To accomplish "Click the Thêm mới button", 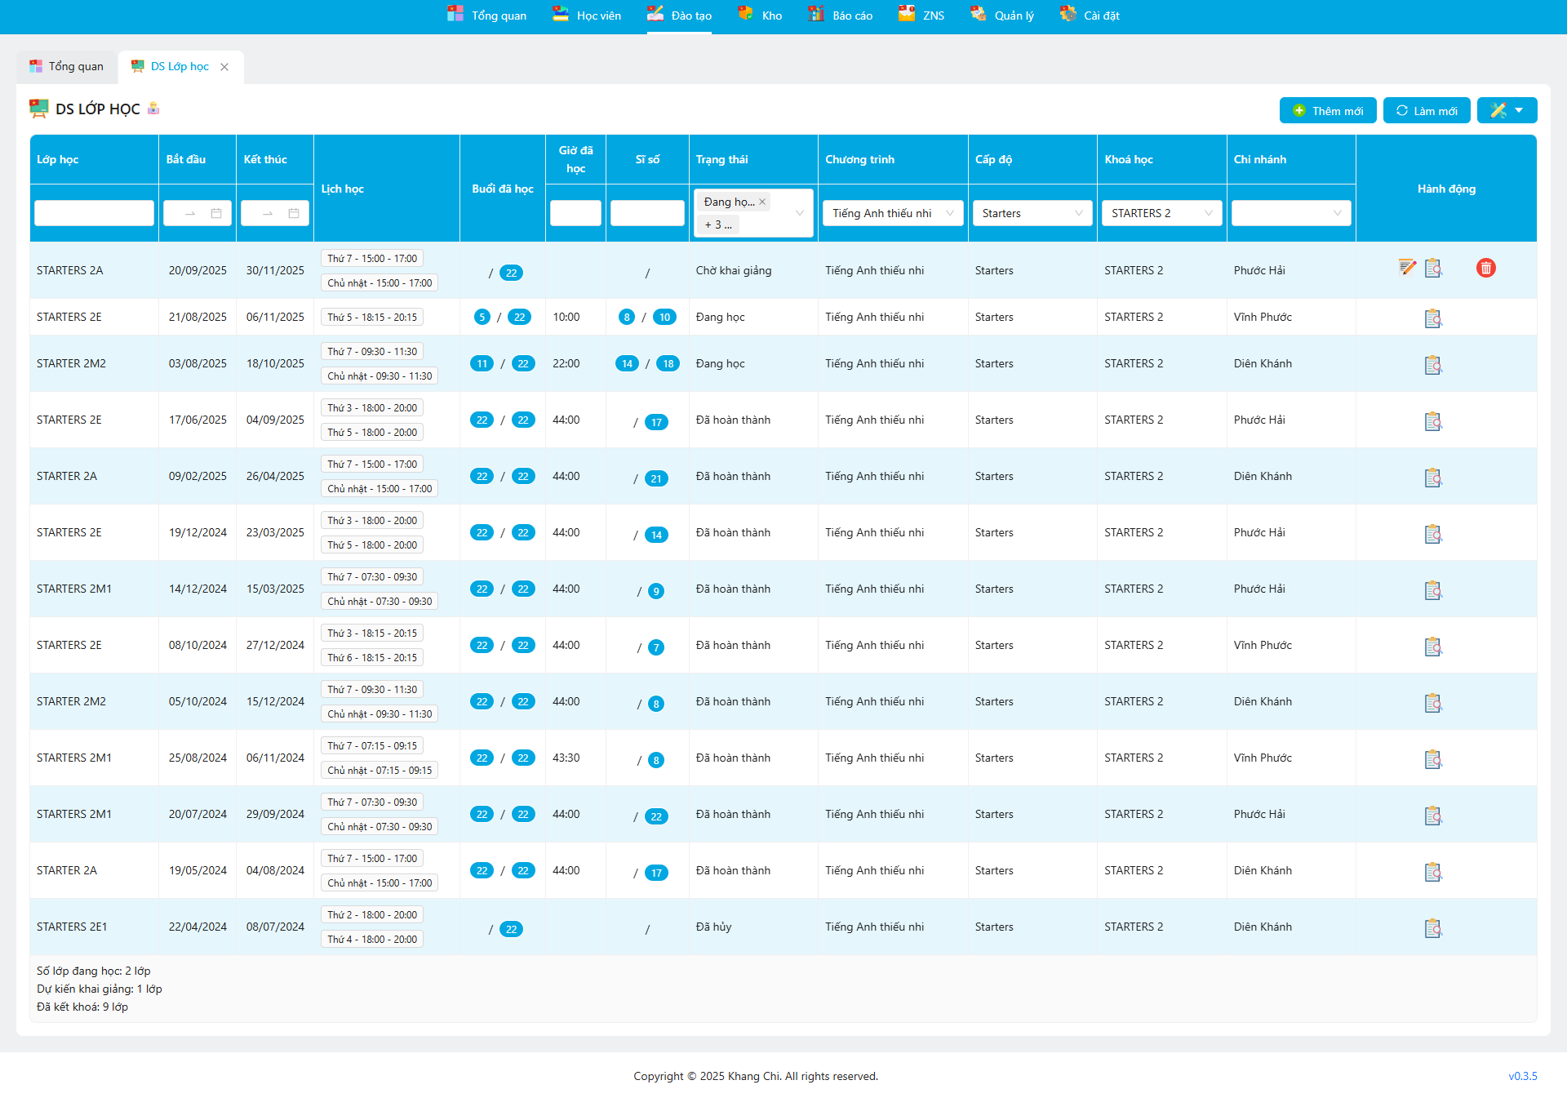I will (x=1328, y=111).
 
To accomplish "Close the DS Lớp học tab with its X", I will (x=224, y=67).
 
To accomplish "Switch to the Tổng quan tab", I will (x=67, y=67).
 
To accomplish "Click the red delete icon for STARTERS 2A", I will (x=1485, y=268).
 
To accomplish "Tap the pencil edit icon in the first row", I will (x=1407, y=268).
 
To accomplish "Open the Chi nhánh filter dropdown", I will (x=1290, y=213).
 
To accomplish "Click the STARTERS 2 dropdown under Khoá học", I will (x=1161, y=213).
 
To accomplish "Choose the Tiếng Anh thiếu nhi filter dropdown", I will (x=892, y=213).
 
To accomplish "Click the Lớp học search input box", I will (x=94, y=213).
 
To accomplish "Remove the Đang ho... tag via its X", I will (x=762, y=202).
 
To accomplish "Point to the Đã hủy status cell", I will (x=713, y=927).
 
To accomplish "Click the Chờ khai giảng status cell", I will (x=733, y=271).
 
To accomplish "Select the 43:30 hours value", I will (x=566, y=758).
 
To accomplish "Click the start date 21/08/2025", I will (x=198, y=318).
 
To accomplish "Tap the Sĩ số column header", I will (x=647, y=160).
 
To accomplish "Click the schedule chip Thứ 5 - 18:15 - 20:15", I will (x=372, y=318).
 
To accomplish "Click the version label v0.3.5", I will (x=1522, y=1077).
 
